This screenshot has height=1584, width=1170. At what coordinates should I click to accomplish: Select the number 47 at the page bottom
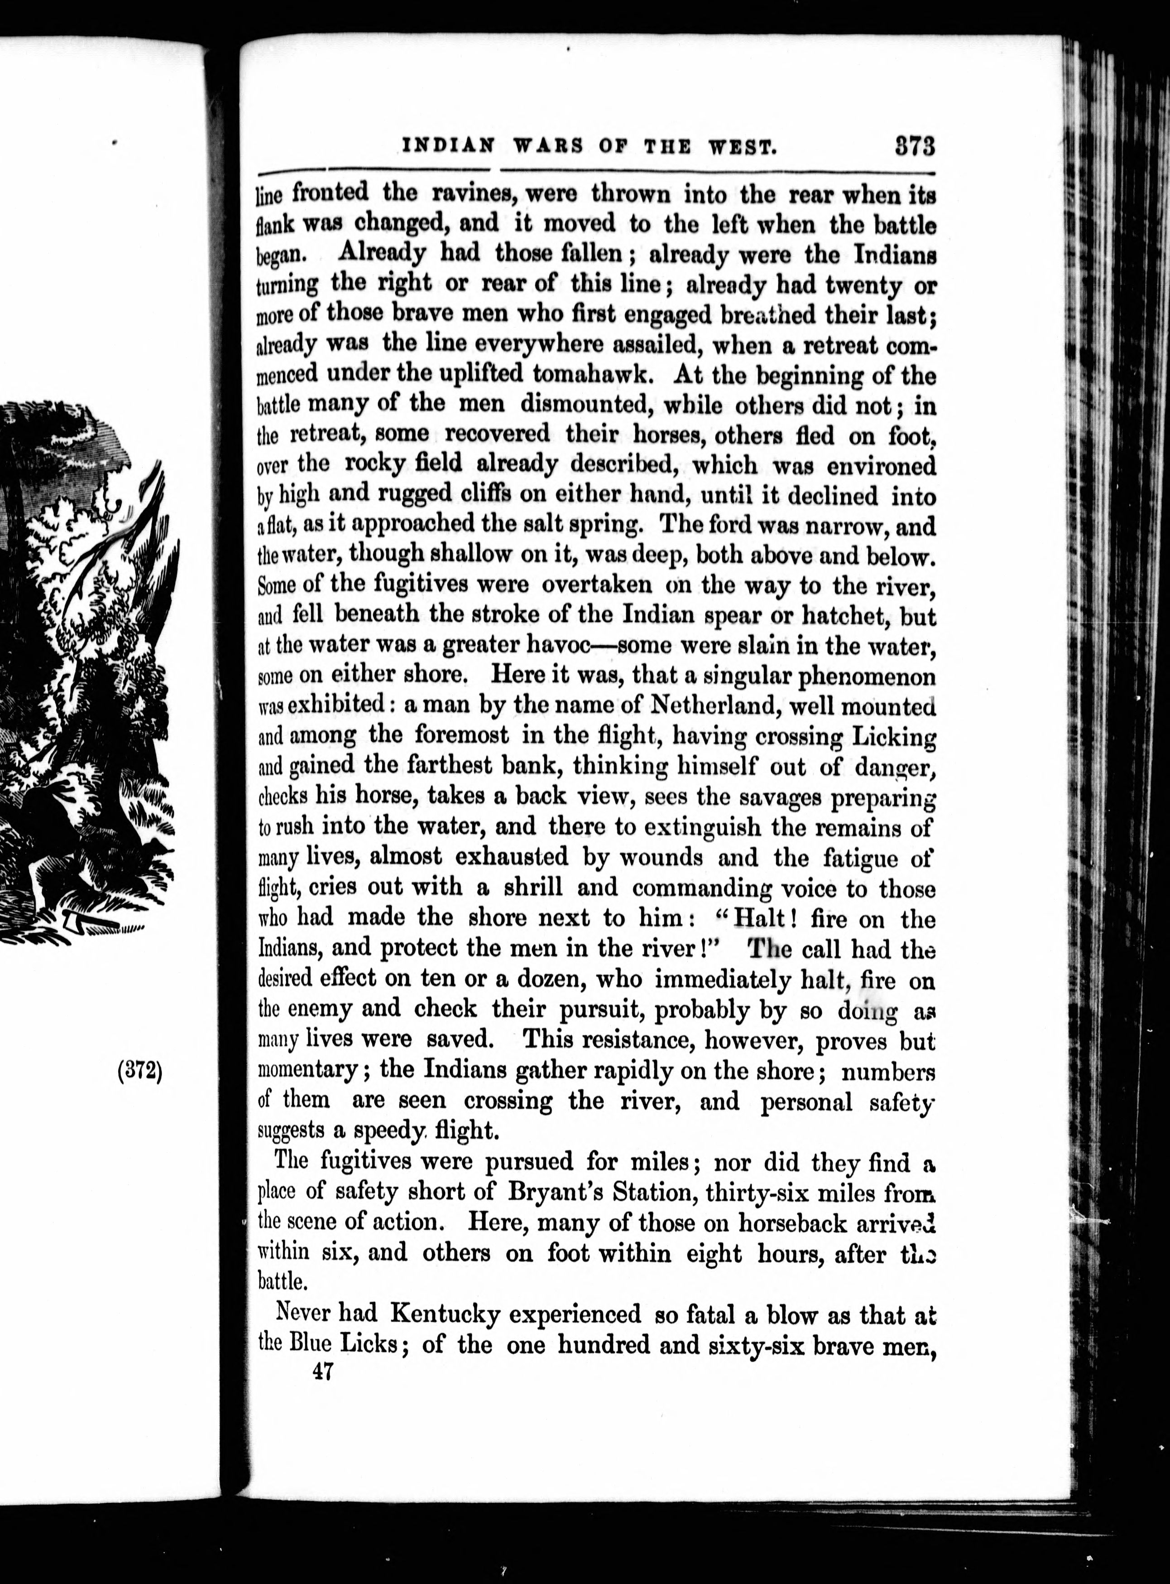pyautogui.click(x=322, y=1372)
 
